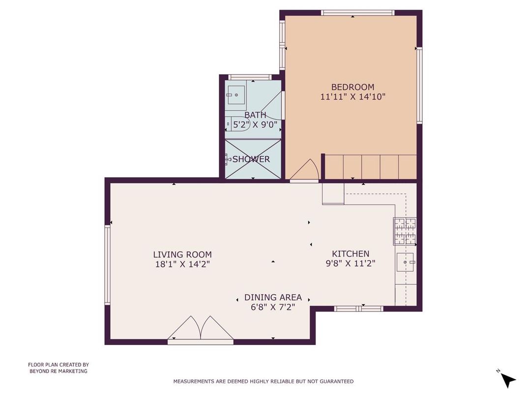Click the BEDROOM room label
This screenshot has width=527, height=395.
point(352,87)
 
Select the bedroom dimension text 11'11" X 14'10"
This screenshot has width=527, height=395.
point(352,97)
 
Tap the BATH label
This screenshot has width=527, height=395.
point(255,115)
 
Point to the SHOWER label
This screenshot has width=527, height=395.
point(251,159)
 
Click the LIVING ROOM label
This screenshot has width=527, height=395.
point(182,254)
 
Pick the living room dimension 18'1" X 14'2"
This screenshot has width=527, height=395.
point(182,264)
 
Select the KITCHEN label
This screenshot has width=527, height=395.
point(351,254)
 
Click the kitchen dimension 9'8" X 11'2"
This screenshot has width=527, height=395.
point(351,263)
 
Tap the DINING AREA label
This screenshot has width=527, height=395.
point(273,297)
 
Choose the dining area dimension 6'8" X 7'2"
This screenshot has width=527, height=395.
point(273,307)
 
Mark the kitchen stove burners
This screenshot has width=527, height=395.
point(405,231)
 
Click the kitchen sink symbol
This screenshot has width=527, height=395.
point(406,263)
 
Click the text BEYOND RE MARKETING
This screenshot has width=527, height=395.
point(58,371)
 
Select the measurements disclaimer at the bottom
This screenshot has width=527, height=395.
point(263,381)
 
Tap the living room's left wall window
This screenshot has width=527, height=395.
point(107,265)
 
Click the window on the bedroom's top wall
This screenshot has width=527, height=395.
point(357,12)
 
